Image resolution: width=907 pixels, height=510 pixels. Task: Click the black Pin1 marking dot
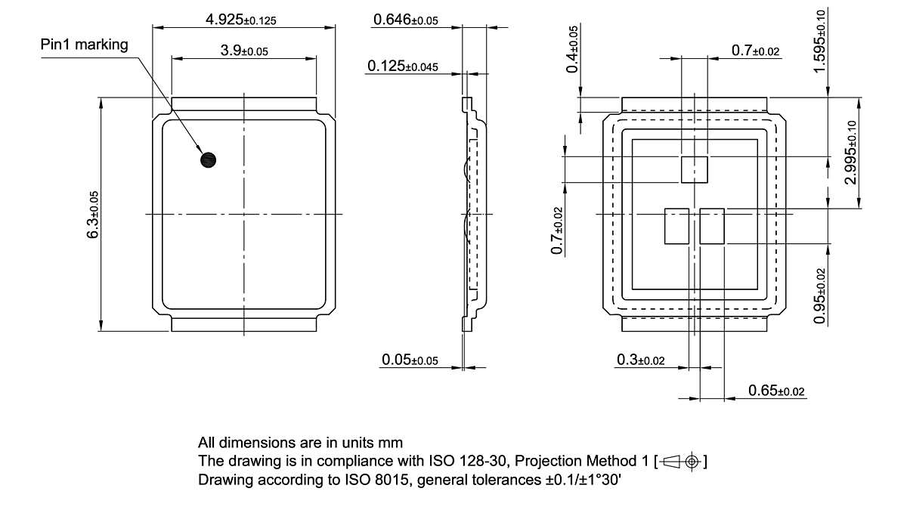(x=208, y=159)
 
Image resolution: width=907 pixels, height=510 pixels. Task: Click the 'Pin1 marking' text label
(x=84, y=45)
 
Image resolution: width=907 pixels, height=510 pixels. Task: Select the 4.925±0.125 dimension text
(x=240, y=20)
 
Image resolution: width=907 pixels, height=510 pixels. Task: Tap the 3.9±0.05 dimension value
(x=244, y=51)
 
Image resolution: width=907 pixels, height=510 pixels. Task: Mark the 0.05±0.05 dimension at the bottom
(x=409, y=360)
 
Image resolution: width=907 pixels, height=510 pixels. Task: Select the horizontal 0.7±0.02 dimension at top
(x=755, y=51)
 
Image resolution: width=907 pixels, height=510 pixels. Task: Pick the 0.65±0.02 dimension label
(x=776, y=391)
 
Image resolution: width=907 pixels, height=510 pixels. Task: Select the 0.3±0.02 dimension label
(x=640, y=360)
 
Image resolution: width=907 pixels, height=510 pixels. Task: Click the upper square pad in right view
(x=695, y=169)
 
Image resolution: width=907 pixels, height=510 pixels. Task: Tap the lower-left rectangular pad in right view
(x=677, y=226)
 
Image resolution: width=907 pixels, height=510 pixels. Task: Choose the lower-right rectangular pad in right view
(x=712, y=226)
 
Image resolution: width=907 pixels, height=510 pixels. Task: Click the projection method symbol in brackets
(x=683, y=461)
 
